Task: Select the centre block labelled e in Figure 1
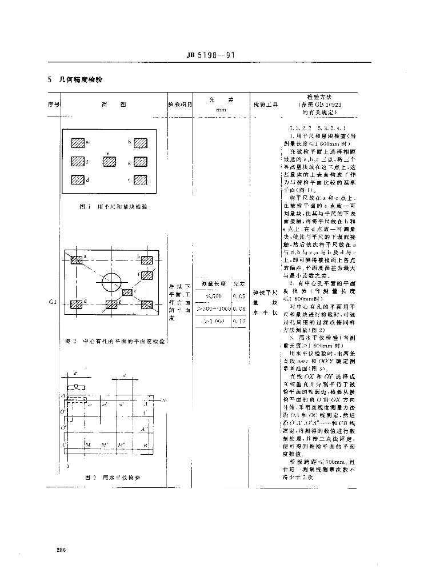[109, 161]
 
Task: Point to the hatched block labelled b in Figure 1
[141, 143]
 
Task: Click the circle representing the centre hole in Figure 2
[111, 281]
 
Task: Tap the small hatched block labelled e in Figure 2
[127, 292]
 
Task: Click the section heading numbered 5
[75, 79]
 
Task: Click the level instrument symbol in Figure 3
[77, 388]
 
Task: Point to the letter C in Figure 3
[66, 443]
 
